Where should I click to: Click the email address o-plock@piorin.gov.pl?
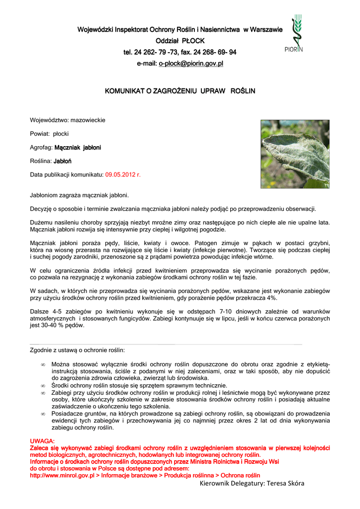pyautogui.click(x=190, y=64)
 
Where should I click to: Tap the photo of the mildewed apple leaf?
pyautogui.click(x=295, y=154)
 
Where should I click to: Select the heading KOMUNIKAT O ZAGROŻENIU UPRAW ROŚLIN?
pyautogui.click(x=180, y=91)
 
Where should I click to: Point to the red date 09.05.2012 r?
pyautogui.click(x=123, y=175)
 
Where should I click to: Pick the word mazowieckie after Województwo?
pyautogui.click(x=88, y=120)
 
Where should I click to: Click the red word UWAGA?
pyautogui.click(x=43, y=441)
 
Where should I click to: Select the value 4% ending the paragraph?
pyautogui.click(x=271, y=298)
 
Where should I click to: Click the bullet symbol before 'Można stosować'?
pyautogui.click(x=43, y=365)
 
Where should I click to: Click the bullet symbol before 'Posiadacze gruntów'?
pyautogui.click(x=43, y=414)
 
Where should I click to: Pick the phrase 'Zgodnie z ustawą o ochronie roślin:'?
pyautogui.click(x=78, y=350)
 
